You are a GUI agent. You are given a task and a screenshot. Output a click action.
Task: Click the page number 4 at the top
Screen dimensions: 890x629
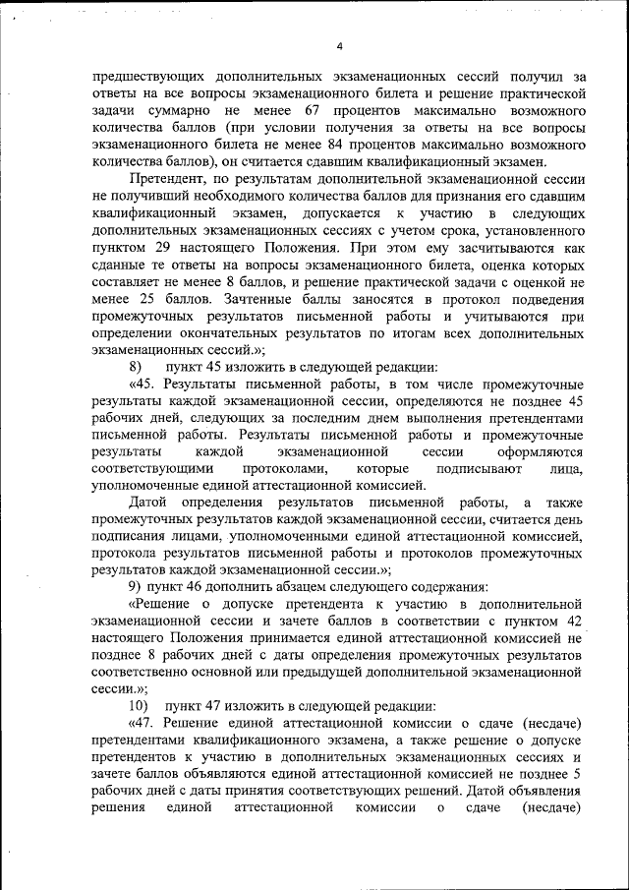(x=338, y=45)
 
